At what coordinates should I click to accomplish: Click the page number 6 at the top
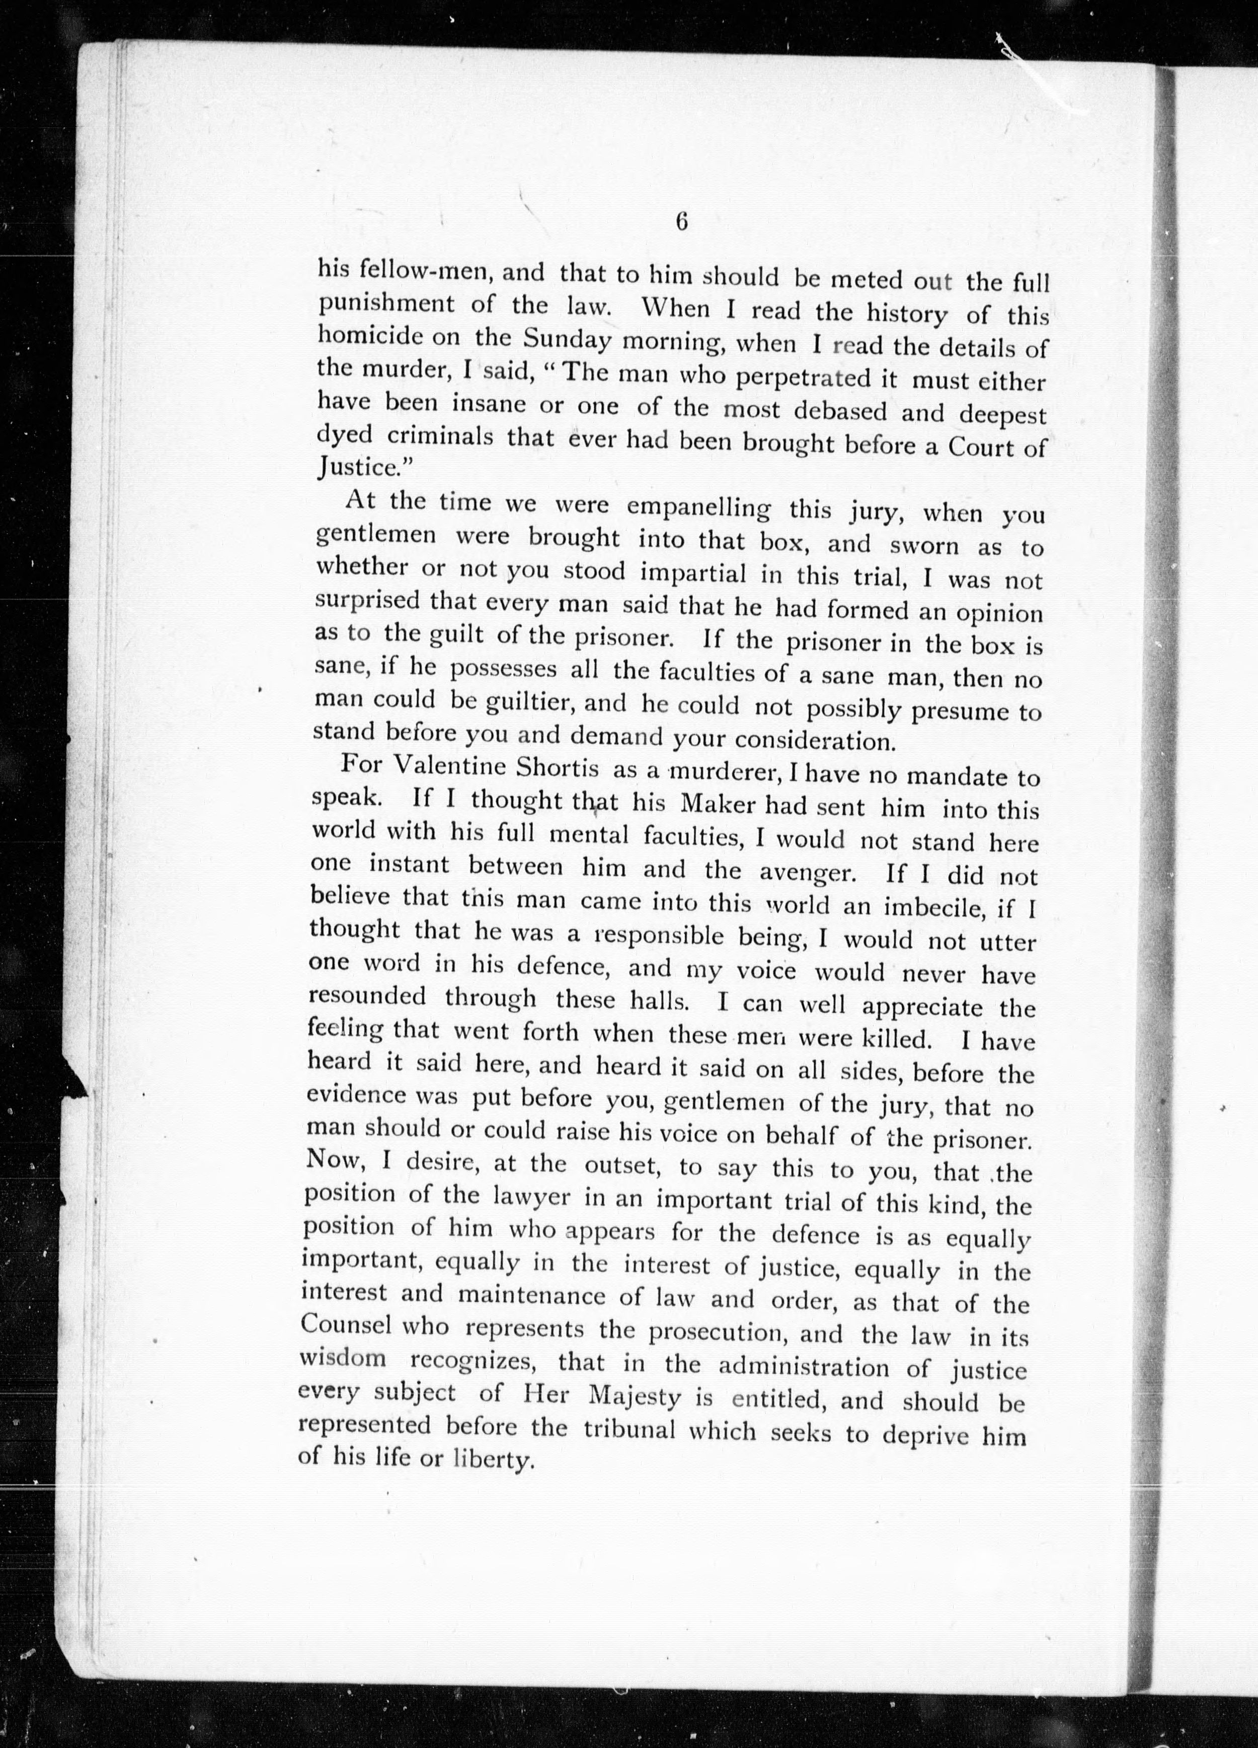[x=681, y=222]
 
